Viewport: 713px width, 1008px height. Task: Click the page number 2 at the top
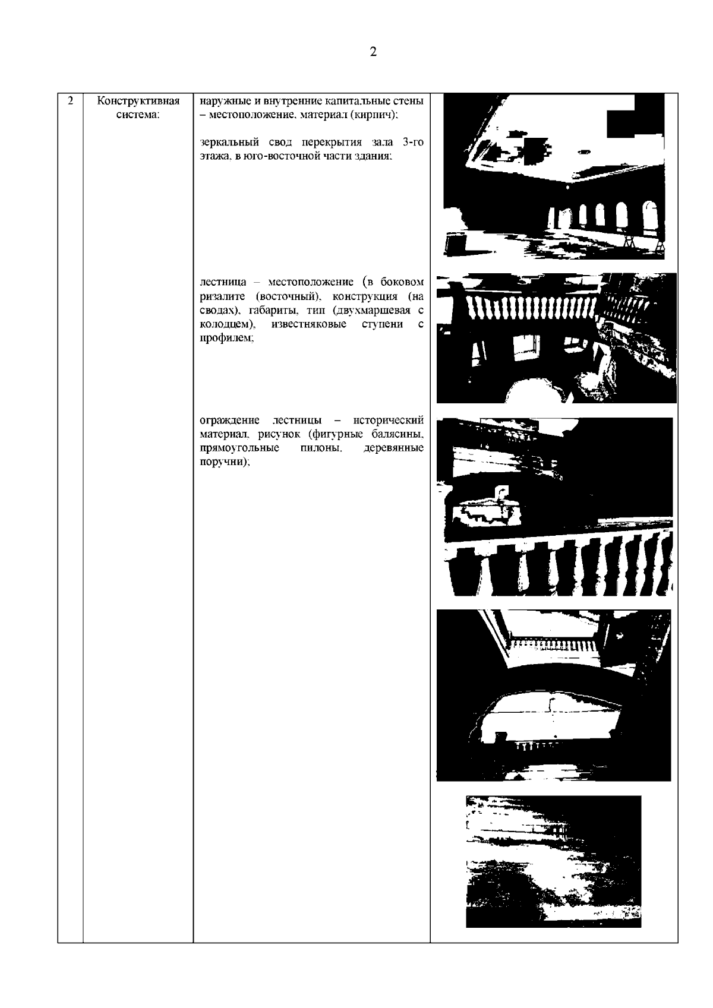[x=373, y=52]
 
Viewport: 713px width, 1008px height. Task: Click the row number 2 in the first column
[x=70, y=100]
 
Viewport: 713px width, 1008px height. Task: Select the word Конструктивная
[x=138, y=101]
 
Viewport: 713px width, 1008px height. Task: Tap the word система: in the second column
[x=138, y=115]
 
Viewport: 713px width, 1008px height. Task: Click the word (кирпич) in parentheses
[x=374, y=115]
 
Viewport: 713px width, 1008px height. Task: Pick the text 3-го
[x=413, y=142]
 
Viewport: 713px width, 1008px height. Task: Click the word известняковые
[x=309, y=324]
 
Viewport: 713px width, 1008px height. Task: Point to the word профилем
[x=226, y=339]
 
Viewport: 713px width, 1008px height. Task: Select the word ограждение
[x=229, y=421]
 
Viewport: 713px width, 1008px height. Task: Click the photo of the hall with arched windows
[x=554, y=176]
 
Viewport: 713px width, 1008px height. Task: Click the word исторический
[x=389, y=421]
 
